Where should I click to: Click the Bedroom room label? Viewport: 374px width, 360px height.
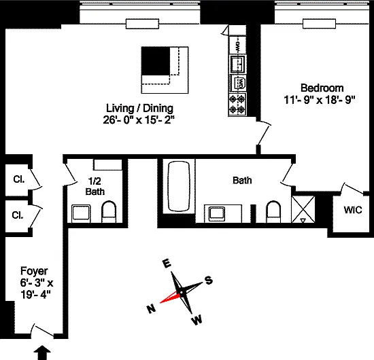[322, 88]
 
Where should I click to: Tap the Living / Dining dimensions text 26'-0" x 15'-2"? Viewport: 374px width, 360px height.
[139, 120]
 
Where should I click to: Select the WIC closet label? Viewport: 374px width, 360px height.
[353, 210]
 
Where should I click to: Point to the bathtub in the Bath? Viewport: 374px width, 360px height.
[179, 187]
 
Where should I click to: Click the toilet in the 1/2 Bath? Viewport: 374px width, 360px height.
[109, 212]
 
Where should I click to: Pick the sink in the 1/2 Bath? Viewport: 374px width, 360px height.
[81, 213]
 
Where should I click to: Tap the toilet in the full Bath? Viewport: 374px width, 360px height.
[273, 212]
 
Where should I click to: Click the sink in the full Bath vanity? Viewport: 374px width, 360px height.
[217, 213]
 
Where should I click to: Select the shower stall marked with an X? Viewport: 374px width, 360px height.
[303, 209]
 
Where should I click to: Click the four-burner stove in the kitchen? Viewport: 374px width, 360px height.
[237, 104]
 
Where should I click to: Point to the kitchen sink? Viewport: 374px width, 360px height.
[237, 64]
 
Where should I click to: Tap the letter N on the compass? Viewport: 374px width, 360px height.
[151, 309]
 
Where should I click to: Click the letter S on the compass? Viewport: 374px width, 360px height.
[209, 280]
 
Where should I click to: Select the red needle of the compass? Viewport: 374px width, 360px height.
[170, 298]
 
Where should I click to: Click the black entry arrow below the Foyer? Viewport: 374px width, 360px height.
[42, 353]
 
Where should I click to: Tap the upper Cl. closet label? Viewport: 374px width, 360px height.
[19, 179]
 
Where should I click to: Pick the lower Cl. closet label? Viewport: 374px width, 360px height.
[18, 215]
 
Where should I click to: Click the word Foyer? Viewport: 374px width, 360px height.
[34, 271]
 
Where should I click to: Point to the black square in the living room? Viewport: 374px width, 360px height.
[156, 61]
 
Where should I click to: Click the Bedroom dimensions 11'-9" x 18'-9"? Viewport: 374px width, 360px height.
[320, 100]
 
